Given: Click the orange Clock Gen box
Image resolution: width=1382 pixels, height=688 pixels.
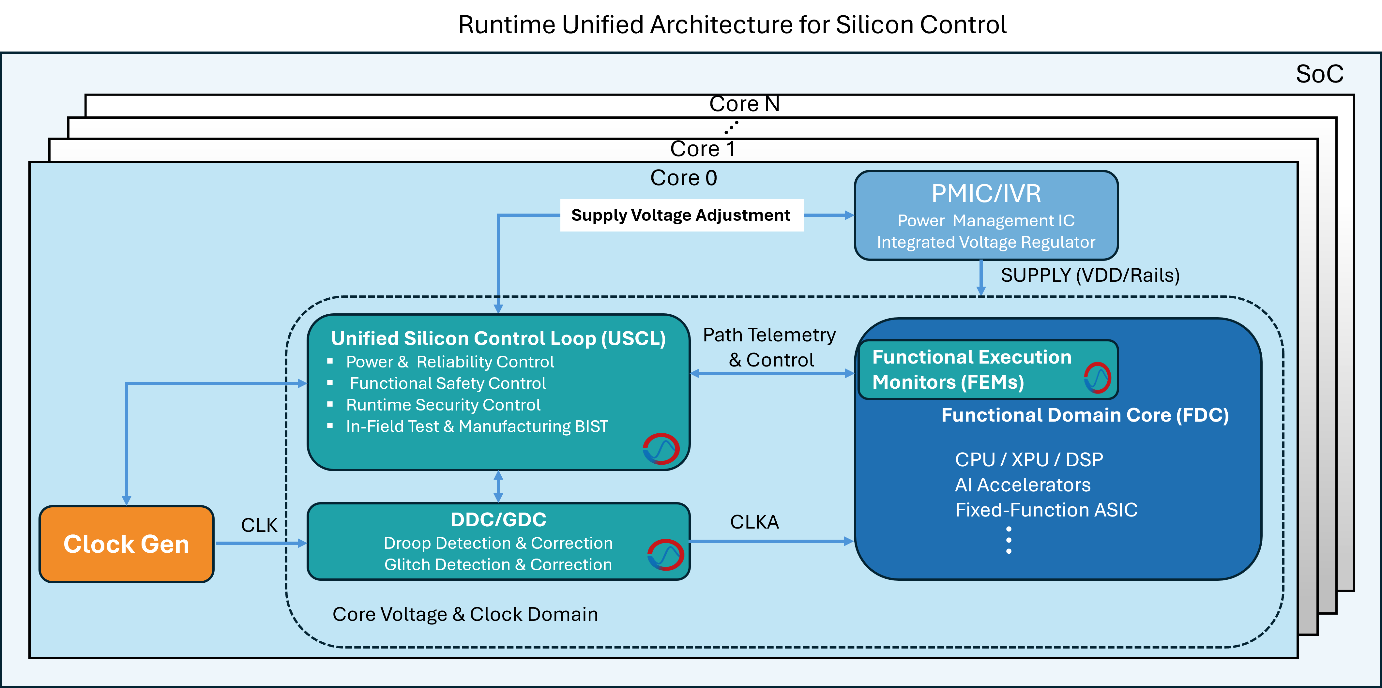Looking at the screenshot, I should point(127,544).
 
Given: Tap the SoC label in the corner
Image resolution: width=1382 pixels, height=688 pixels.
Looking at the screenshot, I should point(1319,74).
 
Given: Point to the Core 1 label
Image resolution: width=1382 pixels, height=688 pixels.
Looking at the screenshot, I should point(702,149).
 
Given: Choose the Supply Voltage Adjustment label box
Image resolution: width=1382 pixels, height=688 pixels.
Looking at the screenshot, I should point(681,215).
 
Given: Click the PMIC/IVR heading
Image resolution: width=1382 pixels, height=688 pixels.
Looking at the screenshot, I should point(985,194).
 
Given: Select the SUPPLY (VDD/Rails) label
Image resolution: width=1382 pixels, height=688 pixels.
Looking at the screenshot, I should point(1090,276).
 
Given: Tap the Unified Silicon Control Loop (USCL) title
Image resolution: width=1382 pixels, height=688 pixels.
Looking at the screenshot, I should point(498,338).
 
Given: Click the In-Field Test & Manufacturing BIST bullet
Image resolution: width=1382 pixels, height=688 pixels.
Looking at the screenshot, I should point(477,426).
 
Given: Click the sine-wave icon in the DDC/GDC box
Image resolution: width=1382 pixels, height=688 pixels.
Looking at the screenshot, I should point(665,554).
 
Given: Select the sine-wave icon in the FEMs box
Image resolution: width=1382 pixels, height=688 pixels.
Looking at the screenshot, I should point(1097,378).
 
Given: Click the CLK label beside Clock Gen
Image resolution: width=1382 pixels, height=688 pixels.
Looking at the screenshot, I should point(259,525).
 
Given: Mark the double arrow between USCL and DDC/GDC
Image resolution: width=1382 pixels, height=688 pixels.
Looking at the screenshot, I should point(498,486).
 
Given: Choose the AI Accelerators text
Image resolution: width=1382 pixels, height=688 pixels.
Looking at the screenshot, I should point(1023,485).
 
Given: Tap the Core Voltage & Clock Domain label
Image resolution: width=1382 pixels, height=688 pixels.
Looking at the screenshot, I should point(464,614).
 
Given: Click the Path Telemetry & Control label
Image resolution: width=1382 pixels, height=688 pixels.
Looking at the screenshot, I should point(770,348).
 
